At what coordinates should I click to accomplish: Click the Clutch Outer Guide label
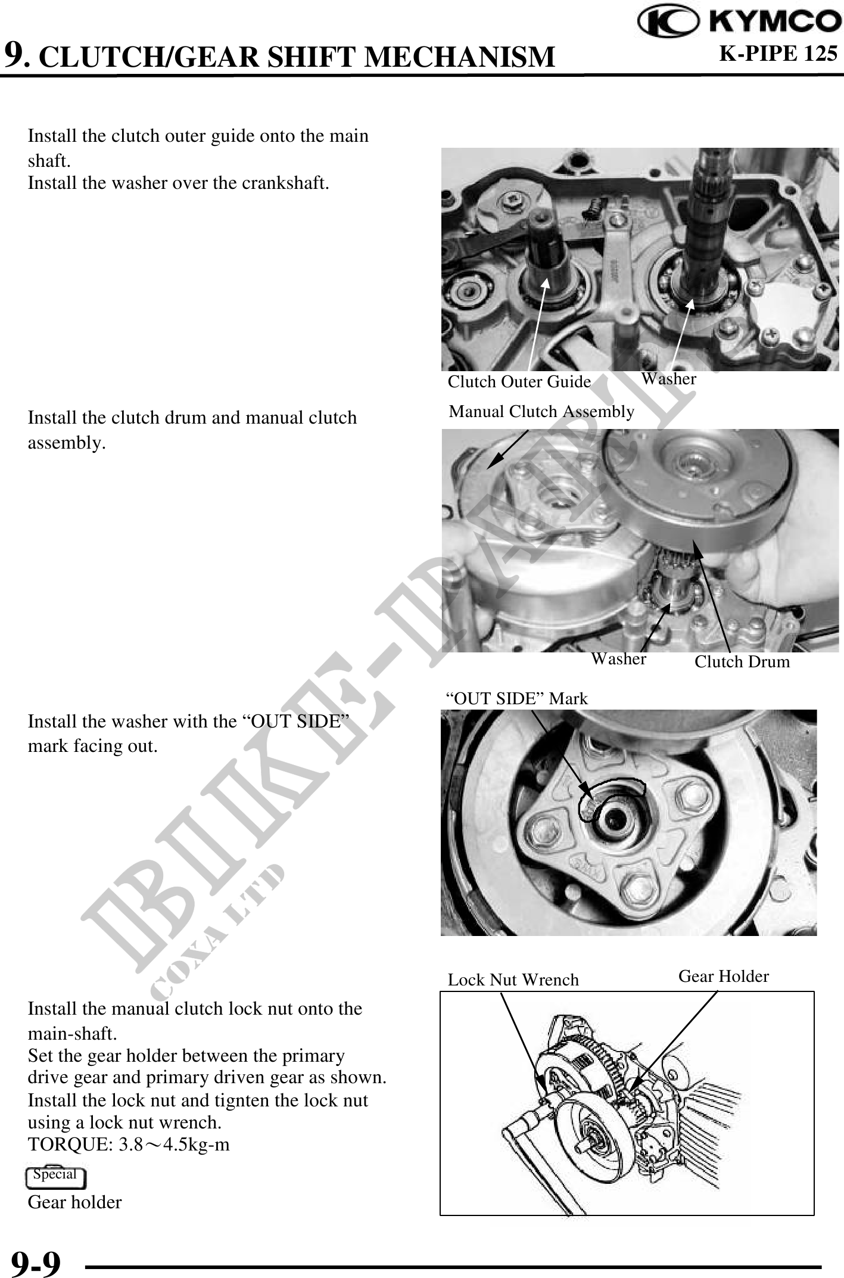pyautogui.click(x=519, y=381)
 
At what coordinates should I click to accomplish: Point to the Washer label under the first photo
pyautogui.click(x=669, y=378)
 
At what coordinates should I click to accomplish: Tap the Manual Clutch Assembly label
pyautogui.click(x=541, y=411)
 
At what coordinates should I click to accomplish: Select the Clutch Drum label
pyautogui.click(x=742, y=661)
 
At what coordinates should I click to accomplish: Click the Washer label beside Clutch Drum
pyautogui.click(x=619, y=658)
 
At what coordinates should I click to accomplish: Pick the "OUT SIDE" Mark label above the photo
pyautogui.click(x=517, y=698)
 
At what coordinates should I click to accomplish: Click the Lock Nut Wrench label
pyautogui.click(x=513, y=980)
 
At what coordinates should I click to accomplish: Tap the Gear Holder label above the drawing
pyautogui.click(x=724, y=976)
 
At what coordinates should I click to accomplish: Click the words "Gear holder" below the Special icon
pyautogui.click(x=74, y=1202)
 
